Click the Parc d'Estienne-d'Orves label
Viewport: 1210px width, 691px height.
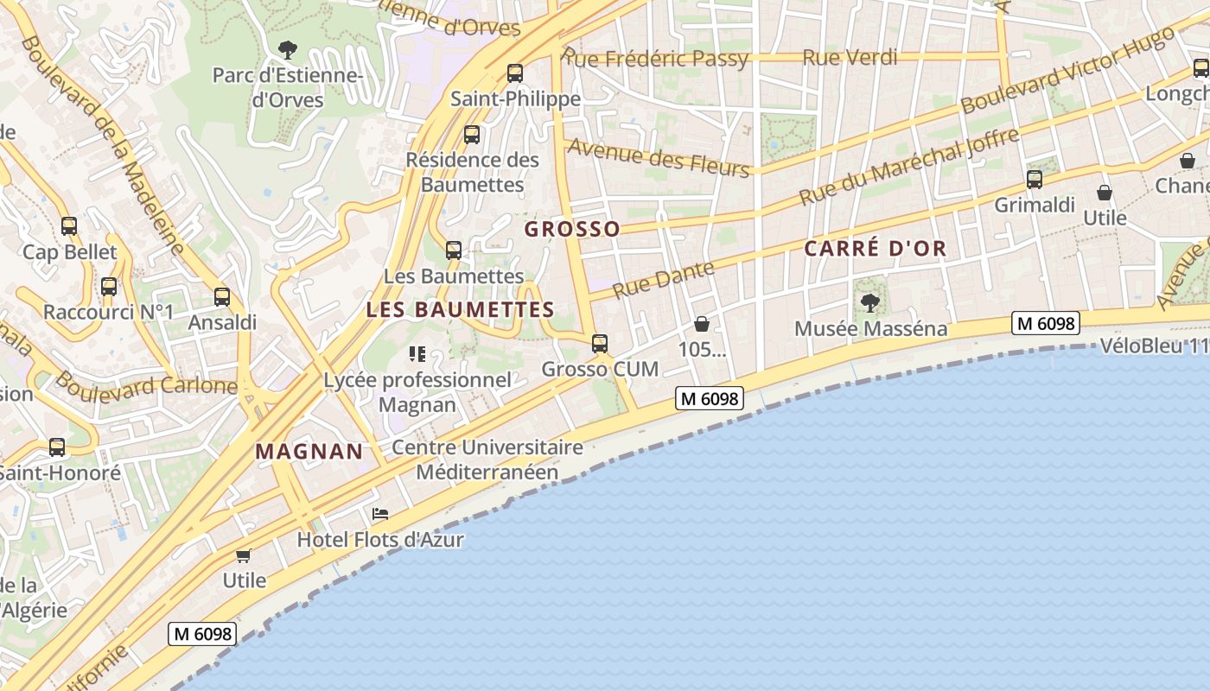pos(287,87)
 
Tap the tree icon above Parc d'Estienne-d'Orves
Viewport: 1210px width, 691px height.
pos(288,50)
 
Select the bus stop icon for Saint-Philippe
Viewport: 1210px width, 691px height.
pos(515,73)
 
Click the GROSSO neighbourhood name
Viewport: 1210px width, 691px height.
pos(572,229)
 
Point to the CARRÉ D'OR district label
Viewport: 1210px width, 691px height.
pos(875,249)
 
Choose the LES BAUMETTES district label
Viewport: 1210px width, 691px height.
pos(460,309)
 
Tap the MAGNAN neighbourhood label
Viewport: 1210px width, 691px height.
pos(309,451)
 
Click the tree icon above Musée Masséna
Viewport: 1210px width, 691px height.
pos(870,303)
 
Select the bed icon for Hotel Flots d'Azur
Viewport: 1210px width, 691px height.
pos(380,514)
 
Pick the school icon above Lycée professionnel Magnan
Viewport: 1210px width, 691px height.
pos(417,354)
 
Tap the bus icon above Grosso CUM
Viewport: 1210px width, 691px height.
pos(600,344)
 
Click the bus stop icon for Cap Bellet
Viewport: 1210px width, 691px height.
pos(69,226)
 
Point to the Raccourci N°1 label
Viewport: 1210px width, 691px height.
pos(108,312)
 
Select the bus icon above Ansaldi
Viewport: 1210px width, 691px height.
pos(222,297)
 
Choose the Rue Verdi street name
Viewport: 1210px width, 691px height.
pos(850,58)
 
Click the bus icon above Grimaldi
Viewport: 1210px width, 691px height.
pos(1035,180)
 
